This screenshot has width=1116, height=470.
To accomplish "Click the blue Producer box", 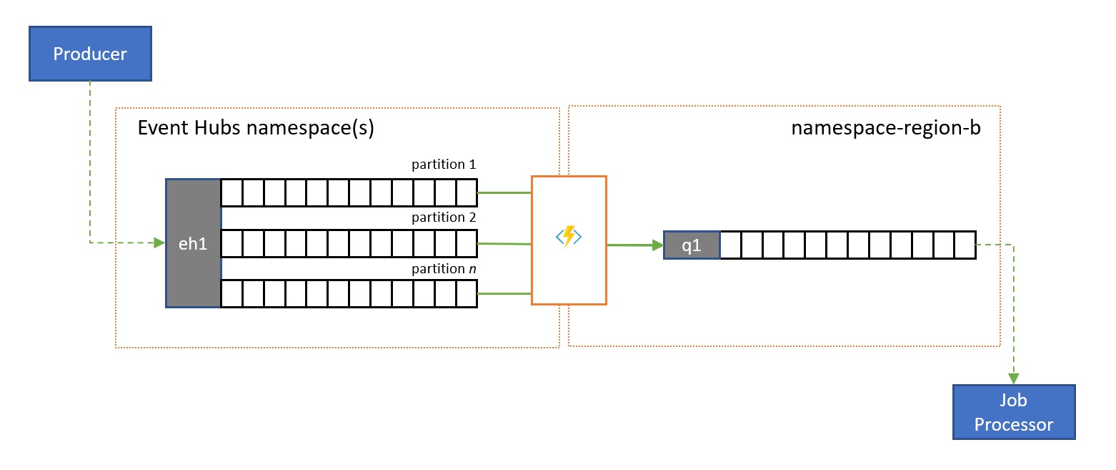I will [90, 54].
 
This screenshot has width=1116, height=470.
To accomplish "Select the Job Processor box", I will [1013, 412].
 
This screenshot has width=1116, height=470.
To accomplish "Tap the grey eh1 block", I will [193, 243].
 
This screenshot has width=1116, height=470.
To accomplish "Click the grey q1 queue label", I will [692, 245].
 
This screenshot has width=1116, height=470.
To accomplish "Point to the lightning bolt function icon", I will [569, 237].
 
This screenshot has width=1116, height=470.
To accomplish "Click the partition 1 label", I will [444, 165].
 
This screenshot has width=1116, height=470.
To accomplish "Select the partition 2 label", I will [444, 217].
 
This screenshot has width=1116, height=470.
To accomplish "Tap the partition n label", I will [444, 269].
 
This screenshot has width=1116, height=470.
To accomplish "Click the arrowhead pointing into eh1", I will [159, 243].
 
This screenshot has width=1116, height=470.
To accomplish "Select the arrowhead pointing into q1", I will [657, 245].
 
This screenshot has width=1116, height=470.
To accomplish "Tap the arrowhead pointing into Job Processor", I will [1014, 378].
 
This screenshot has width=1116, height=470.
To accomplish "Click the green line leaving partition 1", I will [504, 192].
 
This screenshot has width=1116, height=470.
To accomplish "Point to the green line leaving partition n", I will [504, 293].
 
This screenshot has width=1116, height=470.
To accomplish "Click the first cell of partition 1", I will [231, 192].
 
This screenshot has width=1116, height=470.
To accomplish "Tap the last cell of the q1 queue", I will [965, 245].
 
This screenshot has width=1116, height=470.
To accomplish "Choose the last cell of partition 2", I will [467, 244].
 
